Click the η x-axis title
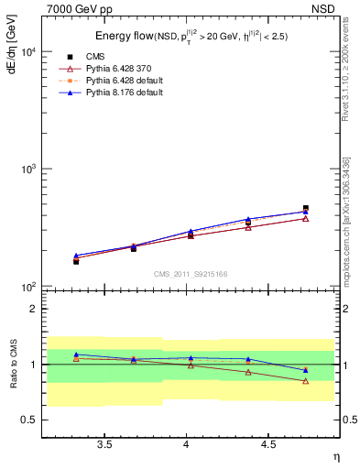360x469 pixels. tap(335, 455)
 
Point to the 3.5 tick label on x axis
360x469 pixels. tap(105, 444)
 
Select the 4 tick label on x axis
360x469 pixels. tap(187, 444)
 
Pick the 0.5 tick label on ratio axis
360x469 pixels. tap(29, 420)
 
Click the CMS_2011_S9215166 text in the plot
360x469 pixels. tap(190, 274)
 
